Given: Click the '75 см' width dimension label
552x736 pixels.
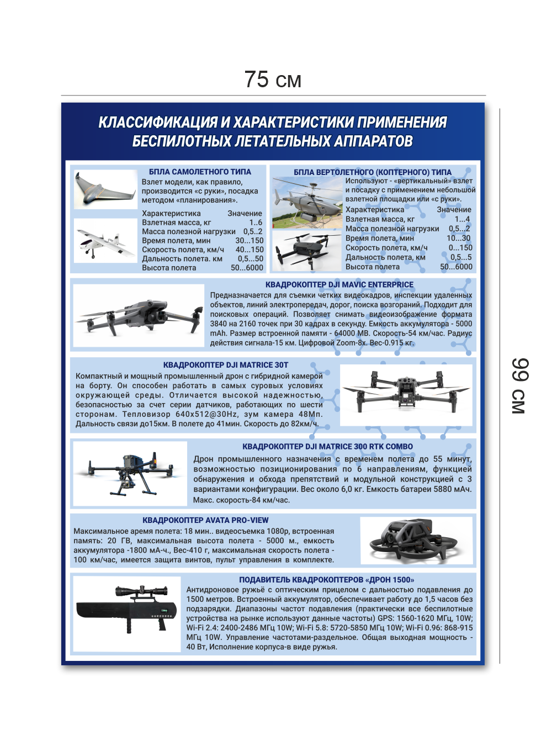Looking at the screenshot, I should (x=273, y=80).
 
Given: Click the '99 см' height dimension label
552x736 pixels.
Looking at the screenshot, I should (x=519, y=386).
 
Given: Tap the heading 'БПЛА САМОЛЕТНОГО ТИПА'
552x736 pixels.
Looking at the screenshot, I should (x=200, y=172).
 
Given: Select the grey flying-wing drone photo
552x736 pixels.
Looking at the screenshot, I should (x=104, y=189).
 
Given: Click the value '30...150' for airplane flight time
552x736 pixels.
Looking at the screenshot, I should (x=249, y=241).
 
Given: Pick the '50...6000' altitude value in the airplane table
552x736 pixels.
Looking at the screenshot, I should (x=247, y=268).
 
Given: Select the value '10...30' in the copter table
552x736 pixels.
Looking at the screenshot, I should (x=458, y=238).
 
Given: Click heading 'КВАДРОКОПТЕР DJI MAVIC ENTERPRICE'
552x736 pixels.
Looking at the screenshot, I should (x=339, y=285).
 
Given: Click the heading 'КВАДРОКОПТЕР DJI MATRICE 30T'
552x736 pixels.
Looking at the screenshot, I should (x=225, y=365).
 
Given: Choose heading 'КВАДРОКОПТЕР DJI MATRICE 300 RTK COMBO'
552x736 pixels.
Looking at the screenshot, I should (x=327, y=447).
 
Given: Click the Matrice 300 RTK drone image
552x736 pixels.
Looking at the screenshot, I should (x=130, y=473).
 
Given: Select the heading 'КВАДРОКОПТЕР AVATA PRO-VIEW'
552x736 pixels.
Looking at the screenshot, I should (x=205, y=520).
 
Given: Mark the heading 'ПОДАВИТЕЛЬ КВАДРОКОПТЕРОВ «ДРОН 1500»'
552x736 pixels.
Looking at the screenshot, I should (x=326, y=580).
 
